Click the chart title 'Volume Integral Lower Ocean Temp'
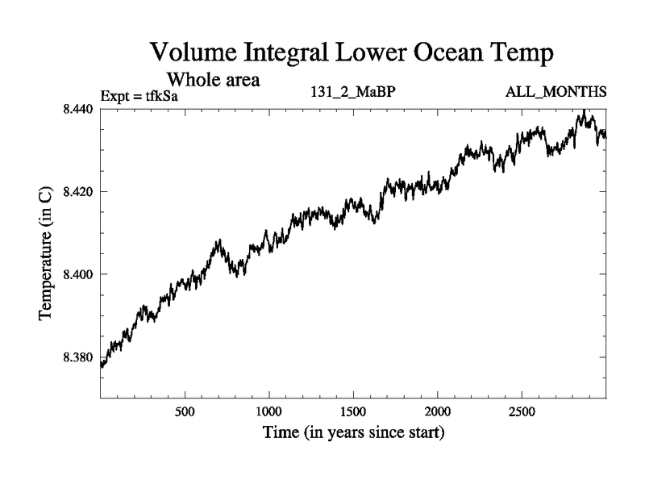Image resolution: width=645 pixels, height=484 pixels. pos(353,55)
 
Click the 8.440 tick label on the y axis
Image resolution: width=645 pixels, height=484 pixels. pos(78,109)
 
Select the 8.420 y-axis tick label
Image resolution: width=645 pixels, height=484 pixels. pos(78,192)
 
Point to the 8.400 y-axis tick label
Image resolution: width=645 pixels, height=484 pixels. pos(78,275)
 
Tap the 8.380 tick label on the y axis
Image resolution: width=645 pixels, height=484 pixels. pos(78,357)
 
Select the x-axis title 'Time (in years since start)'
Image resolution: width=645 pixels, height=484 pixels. pos(353,433)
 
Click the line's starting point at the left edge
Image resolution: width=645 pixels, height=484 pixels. pos(101,365)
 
